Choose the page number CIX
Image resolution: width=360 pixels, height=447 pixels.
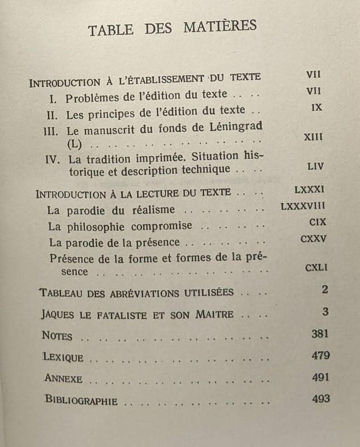pos(314,222)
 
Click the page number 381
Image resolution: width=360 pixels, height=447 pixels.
pos(320,334)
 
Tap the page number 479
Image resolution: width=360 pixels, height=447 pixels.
pos(320,355)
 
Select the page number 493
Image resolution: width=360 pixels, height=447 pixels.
pos(320,398)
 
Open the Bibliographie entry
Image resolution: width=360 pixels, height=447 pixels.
pos(82,400)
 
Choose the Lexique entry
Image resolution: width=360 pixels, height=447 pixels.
pos(63,357)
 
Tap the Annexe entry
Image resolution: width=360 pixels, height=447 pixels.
pos(63,379)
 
